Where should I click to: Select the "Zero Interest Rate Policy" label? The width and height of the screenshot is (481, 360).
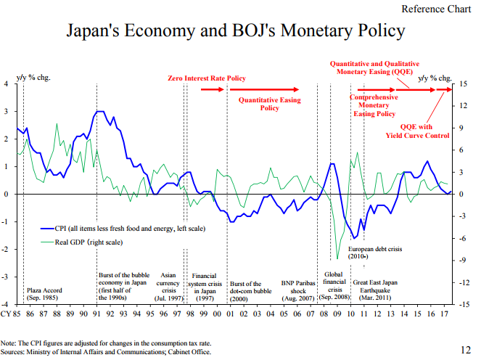[x=207, y=78]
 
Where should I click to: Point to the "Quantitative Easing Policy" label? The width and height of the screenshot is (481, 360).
[x=270, y=105]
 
